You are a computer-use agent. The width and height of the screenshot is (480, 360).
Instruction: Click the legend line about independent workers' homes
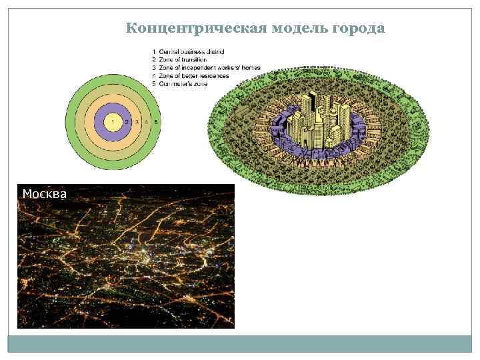click(206, 68)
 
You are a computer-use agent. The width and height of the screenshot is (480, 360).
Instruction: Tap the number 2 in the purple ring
click(127, 122)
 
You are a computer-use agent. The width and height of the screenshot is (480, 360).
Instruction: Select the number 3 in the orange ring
click(137, 122)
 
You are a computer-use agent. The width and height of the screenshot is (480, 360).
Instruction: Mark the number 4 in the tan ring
click(146, 122)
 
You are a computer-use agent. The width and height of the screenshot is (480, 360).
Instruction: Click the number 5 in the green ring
click(155, 122)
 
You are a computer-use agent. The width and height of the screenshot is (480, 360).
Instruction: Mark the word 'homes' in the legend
click(251, 68)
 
